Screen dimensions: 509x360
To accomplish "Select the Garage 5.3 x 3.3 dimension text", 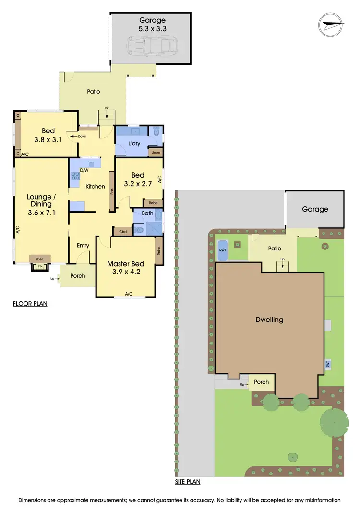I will (152, 24).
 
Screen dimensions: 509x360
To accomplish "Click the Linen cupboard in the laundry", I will (155, 153).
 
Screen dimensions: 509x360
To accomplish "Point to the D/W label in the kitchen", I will (84, 170).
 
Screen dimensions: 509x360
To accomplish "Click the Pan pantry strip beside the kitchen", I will (112, 192).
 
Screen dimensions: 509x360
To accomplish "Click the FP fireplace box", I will (36, 267).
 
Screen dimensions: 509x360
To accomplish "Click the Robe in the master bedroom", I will (159, 250).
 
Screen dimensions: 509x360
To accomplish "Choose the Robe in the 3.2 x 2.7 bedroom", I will (153, 203).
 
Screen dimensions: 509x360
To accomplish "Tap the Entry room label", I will (83, 246).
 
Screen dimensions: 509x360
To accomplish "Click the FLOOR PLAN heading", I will (30, 304).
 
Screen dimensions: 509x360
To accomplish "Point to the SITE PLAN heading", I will (187, 482).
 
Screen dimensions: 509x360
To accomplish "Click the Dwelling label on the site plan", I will (269, 320).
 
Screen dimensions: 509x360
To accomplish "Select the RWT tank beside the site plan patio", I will (223, 250).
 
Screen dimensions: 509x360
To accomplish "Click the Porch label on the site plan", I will (262, 382).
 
